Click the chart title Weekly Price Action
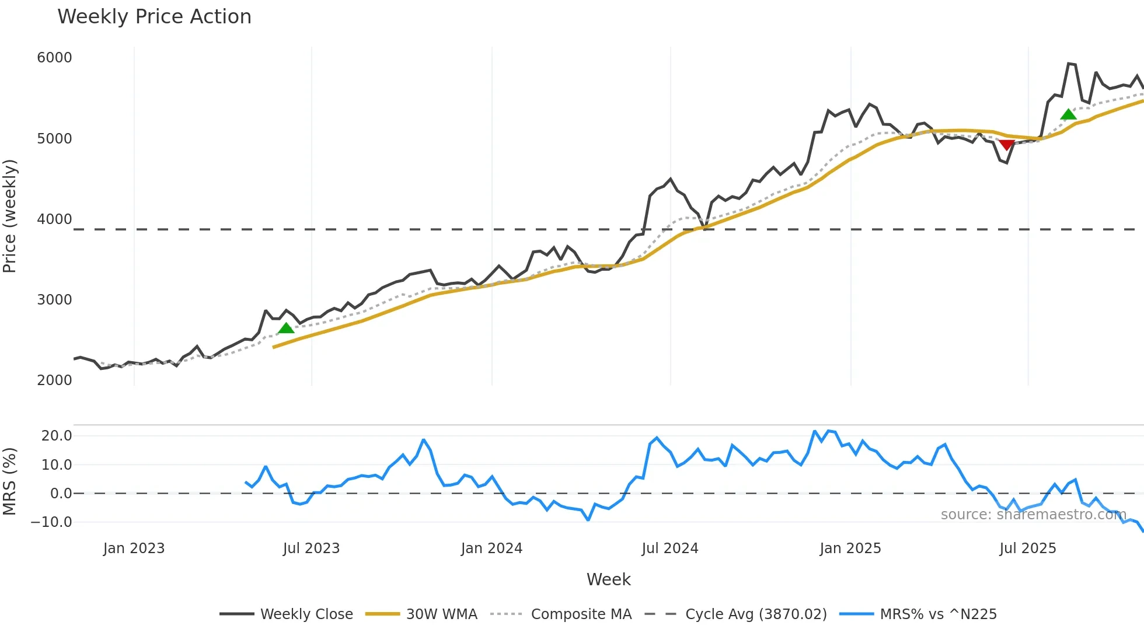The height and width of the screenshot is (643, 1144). click(154, 17)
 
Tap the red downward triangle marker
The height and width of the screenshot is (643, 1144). click(1006, 145)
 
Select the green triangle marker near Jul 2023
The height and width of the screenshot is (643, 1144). click(286, 328)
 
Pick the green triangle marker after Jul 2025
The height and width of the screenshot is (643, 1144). click(1068, 114)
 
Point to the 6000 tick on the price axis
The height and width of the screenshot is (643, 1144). click(54, 58)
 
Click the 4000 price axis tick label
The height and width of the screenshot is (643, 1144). click(54, 219)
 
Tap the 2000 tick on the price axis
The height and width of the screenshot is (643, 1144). click(54, 380)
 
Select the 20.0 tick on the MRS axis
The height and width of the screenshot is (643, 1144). click(57, 436)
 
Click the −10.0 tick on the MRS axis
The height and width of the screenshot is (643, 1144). click(51, 522)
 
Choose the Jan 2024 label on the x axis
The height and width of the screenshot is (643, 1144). click(491, 548)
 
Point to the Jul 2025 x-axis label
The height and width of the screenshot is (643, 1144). click(1027, 548)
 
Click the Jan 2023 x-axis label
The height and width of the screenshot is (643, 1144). click(134, 548)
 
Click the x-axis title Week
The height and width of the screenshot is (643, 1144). click(608, 579)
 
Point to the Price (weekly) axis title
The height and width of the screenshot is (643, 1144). click(10, 216)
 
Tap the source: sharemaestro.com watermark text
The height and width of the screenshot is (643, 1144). click(1033, 515)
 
